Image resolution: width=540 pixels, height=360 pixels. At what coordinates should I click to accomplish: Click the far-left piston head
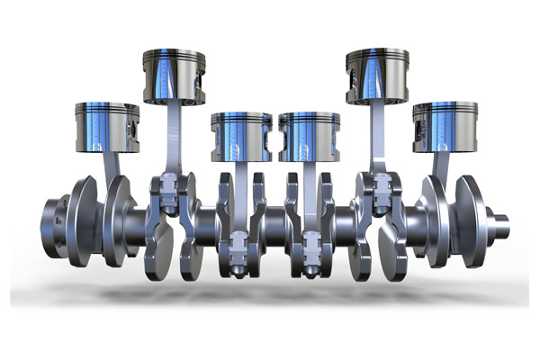click(106, 127)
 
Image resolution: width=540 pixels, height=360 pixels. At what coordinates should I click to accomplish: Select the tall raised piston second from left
click(174, 74)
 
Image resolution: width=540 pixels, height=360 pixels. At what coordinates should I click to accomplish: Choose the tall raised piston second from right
click(376, 74)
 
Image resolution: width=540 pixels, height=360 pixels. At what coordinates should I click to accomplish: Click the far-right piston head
click(445, 127)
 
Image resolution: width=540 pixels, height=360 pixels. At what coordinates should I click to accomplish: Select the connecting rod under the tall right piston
click(377, 135)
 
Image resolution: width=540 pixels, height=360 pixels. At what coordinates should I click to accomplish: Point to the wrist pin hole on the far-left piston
click(134, 129)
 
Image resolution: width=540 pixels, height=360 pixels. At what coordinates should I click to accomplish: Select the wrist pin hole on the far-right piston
click(418, 129)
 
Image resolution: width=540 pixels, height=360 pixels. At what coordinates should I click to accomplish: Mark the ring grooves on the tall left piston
click(174, 61)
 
